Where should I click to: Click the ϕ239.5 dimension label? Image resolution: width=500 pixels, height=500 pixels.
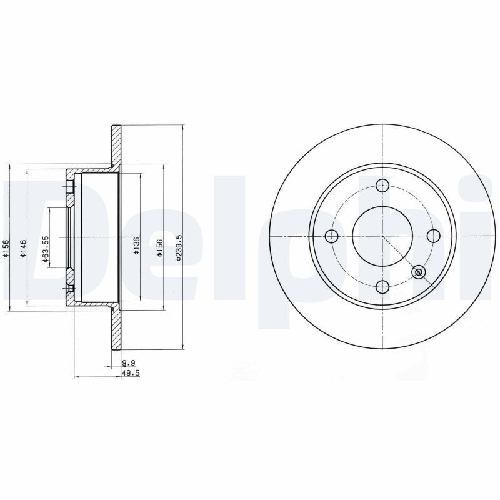pos(179,248)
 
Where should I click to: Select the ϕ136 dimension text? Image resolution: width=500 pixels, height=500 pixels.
pos(137,246)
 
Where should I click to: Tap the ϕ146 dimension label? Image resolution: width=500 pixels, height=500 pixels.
pos(23,248)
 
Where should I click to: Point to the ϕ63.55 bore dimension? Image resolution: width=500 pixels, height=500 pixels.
pos(46,249)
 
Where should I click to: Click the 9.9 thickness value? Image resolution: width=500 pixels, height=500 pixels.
pos(129,362)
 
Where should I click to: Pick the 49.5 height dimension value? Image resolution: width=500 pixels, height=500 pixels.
pos(131,372)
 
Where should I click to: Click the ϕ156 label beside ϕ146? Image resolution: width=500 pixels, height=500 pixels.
pos(5,248)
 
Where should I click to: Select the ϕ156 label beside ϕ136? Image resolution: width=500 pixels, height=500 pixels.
pos(159,247)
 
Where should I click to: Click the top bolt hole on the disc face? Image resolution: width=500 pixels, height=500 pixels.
pos(382,185)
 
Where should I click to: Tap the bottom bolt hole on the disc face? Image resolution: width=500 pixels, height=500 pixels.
pos(382,287)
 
